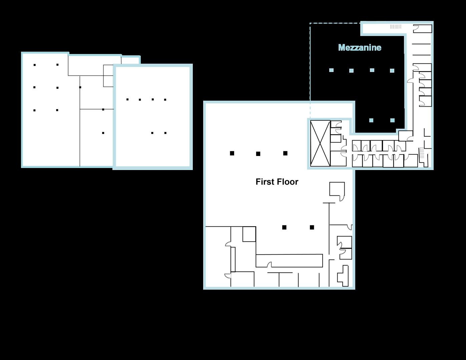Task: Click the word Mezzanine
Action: pos(360,48)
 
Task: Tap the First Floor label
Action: pos(277,182)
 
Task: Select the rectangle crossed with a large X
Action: pos(320,143)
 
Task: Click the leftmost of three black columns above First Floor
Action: pos(232,153)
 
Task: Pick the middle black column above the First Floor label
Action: pos(258,154)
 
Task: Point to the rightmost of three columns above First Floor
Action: pos(285,153)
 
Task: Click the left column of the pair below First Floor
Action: pos(284,227)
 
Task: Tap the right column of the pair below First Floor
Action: pos(312,227)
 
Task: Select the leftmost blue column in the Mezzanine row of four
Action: pos(331,70)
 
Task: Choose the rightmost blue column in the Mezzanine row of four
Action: pos(392,71)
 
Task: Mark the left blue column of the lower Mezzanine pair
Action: pos(371,120)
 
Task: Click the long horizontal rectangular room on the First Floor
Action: pos(289,261)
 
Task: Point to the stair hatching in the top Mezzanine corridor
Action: pos(396,27)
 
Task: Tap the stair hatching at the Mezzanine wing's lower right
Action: pos(422,153)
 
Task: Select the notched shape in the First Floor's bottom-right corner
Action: pos(343,276)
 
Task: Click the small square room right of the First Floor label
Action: pos(337,189)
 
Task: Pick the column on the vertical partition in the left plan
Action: pos(80,87)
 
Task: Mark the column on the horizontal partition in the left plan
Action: pos(103,109)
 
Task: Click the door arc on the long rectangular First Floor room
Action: pos(269,264)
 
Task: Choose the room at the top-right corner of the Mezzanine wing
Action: pos(422,29)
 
